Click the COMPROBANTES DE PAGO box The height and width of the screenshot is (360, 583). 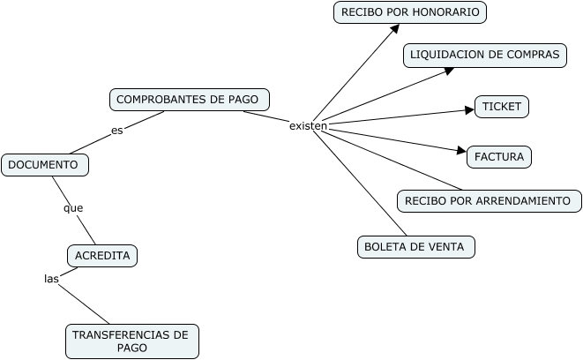pyautogui.click(x=189, y=99)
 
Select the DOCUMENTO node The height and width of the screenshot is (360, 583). pyautogui.click(x=44, y=164)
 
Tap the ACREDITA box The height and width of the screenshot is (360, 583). pyautogui.click(x=102, y=256)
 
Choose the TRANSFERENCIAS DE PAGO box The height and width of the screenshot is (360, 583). pyautogui.click(x=131, y=341)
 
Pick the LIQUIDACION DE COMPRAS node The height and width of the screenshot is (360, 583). pyautogui.click(x=484, y=55)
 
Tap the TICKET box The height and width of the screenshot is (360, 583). pyautogui.click(x=502, y=107)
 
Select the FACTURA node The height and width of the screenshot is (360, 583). pyautogui.click(x=499, y=157)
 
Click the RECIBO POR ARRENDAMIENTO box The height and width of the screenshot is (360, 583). pyautogui.click(x=489, y=201)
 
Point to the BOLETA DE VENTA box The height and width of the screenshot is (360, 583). pyautogui.click(x=416, y=246)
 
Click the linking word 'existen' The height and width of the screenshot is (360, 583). pyautogui.click(x=308, y=126)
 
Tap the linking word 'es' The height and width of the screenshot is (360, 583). pyautogui.click(x=116, y=131)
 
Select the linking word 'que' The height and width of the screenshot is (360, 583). pyautogui.click(x=73, y=208)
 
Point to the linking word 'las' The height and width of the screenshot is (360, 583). pyautogui.click(x=51, y=279)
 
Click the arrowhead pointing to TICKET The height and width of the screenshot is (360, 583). pyautogui.click(x=469, y=110)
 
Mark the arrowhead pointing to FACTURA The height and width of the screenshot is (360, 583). pyautogui.click(x=460, y=151)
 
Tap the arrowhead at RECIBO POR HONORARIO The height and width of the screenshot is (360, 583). pyautogui.click(x=393, y=28)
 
